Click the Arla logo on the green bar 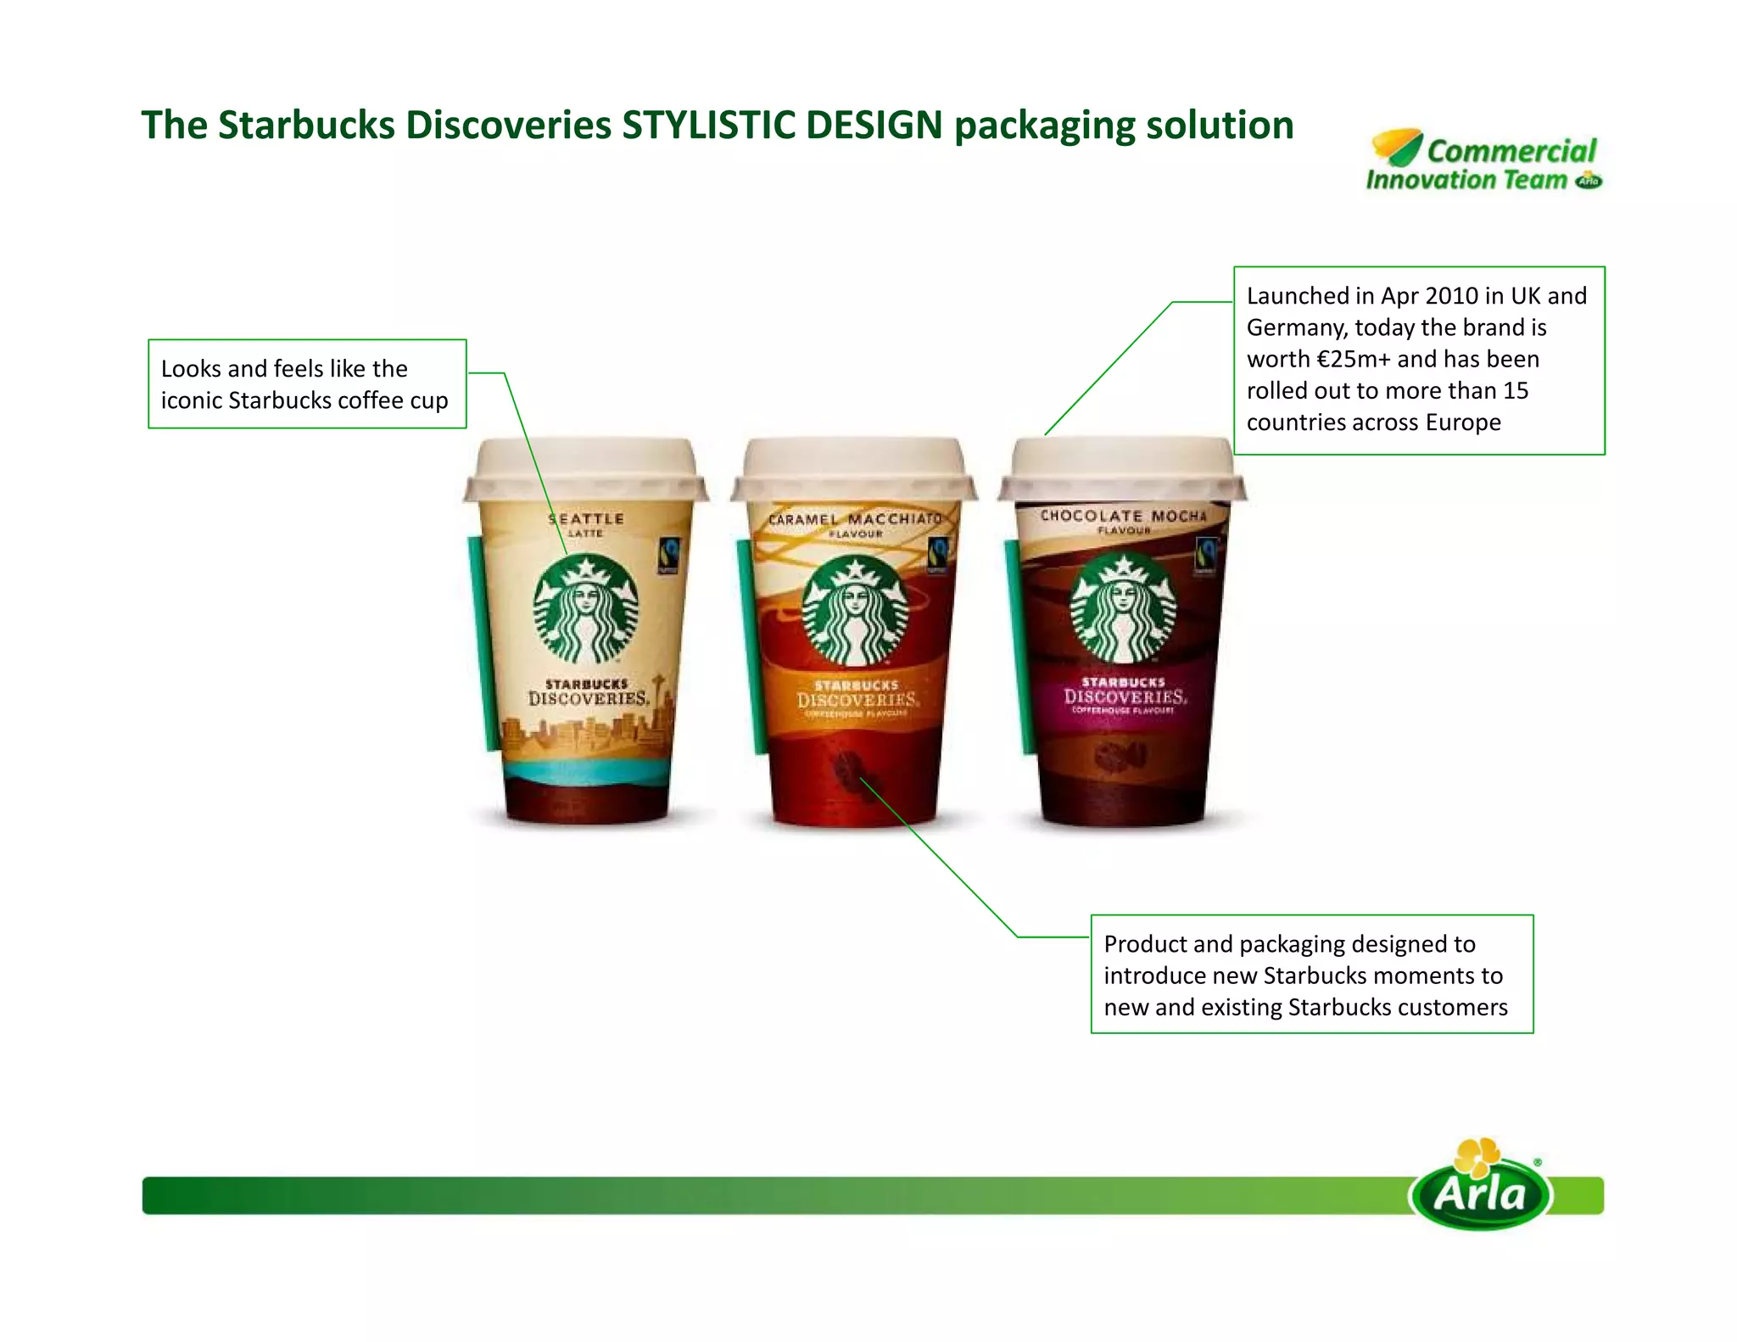[x=1481, y=1190]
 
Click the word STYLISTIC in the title [x=709, y=126]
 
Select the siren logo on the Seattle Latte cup [x=585, y=609]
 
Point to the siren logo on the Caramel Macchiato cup [x=855, y=612]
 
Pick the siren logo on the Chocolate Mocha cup [x=1123, y=607]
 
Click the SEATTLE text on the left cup [x=586, y=519]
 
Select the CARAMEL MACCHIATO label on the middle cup [x=855, y=519]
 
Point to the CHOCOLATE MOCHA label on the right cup [x=1123, y=516]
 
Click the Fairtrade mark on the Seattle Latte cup [x=668, y=556]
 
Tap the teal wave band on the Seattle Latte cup [x=587, y=773]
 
